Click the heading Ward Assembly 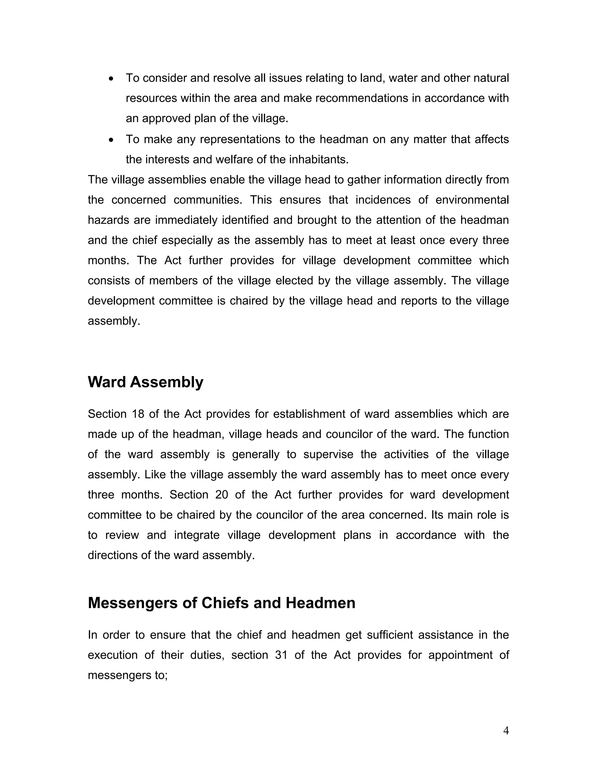(x=145, y=382)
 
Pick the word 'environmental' (x=472, y=200)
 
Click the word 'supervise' (x=328, y=454)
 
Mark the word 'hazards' (x=108, y=220)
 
